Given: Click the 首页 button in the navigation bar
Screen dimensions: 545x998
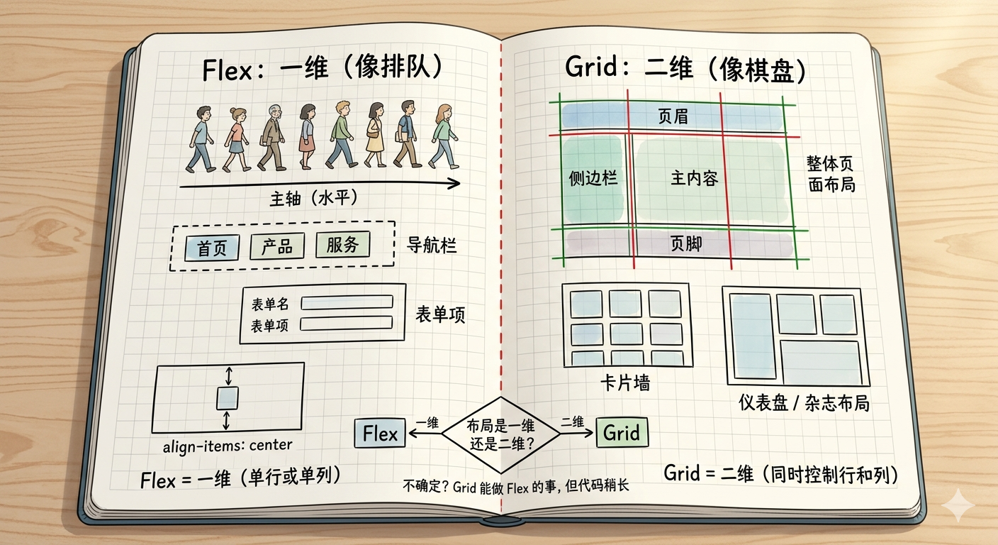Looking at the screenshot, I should coord(211,248).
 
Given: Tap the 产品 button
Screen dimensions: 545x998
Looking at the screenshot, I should coord(276,246).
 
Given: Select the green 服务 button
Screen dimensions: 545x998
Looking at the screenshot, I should coord(343,245).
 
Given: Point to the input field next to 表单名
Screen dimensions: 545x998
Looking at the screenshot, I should coord(347,302).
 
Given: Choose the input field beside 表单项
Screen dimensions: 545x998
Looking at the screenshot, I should coord(347,323).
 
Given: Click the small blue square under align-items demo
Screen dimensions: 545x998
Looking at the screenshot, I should coord(227,398).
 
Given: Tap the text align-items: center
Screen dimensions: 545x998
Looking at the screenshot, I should coord(228,446).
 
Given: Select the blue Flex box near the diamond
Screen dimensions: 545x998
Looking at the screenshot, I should coord(380,433).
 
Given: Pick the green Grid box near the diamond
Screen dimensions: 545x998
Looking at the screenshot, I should coord(622,432).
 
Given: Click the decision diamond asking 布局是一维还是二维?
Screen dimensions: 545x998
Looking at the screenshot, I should coord(500,435).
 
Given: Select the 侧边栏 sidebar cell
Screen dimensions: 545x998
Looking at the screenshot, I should coord(593,178).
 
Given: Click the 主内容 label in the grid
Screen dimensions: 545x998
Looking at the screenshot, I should coord(695,178).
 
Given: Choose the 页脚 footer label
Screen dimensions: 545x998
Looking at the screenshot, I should coord(686,244).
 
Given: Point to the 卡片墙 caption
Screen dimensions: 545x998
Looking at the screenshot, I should coord(624,383).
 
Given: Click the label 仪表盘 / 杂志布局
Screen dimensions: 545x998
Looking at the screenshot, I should coord(803,404).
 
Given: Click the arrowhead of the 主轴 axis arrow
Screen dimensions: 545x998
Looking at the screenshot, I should coord(454,184).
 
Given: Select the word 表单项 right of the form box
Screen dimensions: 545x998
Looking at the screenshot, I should coord(440,315).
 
